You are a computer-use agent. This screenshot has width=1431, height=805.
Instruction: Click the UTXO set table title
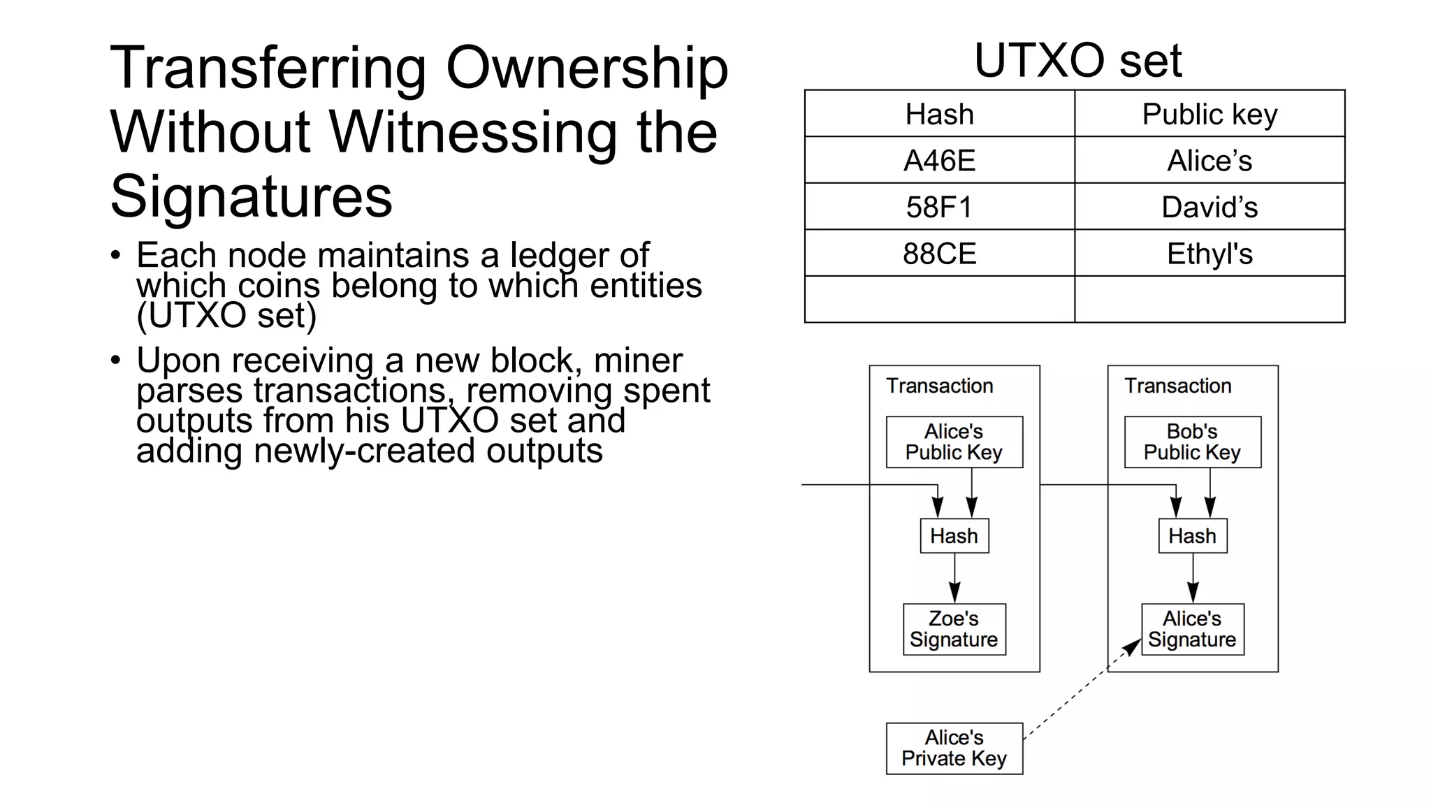[1077, 61]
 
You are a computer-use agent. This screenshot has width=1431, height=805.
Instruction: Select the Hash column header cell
[939, 114]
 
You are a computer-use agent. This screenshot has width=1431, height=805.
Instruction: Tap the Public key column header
[1210, 114]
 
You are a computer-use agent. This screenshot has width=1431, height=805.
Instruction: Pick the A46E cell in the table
[939, 161]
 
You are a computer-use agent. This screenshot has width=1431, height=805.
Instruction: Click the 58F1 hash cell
[939, 207]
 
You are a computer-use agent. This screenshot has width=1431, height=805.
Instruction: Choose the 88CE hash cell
[939, 254]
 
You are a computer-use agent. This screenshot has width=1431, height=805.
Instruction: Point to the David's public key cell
[1210, 207]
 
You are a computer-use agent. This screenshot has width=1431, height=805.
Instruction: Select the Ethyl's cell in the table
[1210, 254]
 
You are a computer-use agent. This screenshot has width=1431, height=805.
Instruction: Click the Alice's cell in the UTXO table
[1210, 161]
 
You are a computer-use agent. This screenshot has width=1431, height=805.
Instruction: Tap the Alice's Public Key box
[954, 442]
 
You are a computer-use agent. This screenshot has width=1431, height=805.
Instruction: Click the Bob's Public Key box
[1192, 442]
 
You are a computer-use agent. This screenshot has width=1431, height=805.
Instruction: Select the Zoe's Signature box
[954, 629]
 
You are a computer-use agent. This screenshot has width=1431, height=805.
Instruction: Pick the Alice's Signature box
[1192, 629]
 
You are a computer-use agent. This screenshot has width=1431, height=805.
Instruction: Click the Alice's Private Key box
[954, 748]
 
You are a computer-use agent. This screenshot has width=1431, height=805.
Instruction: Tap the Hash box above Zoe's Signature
[954, 536]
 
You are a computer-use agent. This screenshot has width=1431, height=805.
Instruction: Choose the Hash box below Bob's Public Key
[1192, 536]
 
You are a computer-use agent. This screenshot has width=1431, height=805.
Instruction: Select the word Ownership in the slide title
[587, 68]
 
